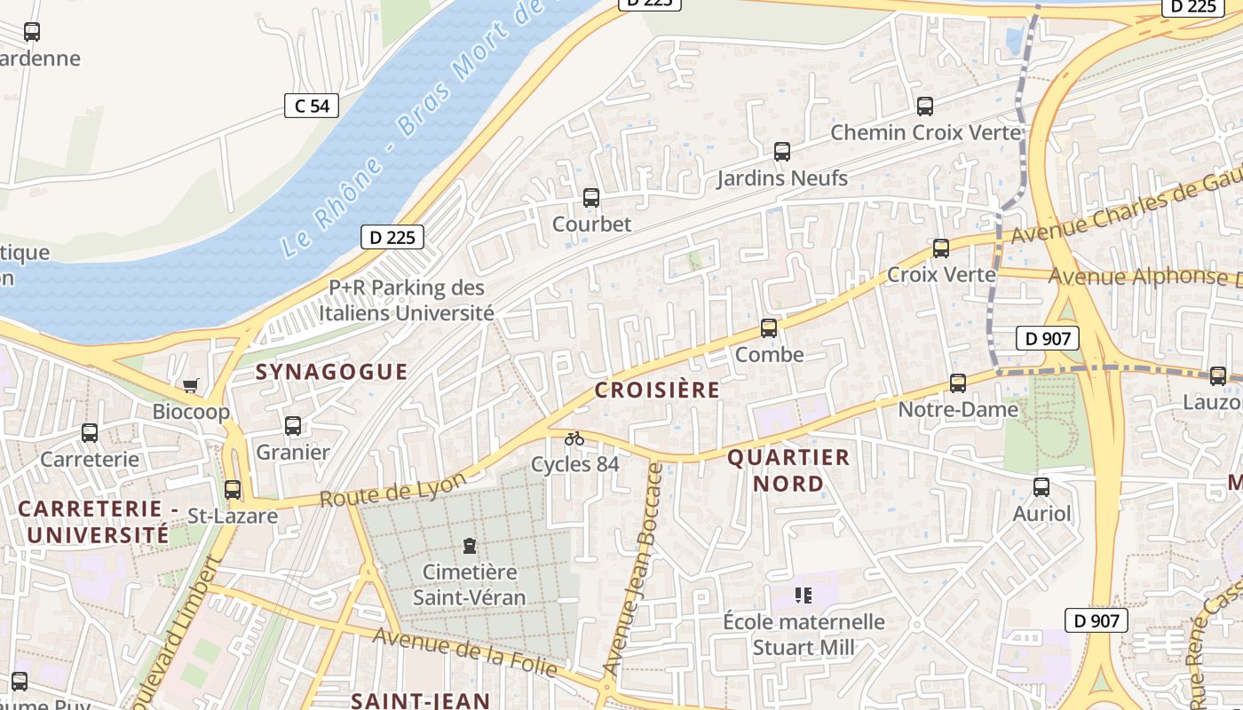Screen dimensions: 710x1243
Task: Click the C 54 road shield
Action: tap(312, 106)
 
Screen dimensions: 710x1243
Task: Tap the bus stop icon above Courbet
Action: tap(590, 198)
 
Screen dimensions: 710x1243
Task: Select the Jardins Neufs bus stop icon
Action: tap(781, 152)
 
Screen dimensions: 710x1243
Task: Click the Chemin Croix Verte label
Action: tap(925, 133)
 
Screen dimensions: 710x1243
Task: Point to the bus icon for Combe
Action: tap(769, 328)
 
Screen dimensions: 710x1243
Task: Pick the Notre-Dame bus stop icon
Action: tap(957, 383)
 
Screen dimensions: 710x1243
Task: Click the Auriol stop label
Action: tap(1041, 514)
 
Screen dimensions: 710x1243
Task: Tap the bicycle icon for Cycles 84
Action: tap(574, 438)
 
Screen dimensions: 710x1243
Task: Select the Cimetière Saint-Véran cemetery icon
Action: tap(470, 545)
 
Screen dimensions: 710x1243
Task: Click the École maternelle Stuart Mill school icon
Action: tap(804, 595)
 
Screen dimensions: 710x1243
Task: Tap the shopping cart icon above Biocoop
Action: tap(190, 385)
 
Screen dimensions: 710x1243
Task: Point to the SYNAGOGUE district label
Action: tap(331, 372)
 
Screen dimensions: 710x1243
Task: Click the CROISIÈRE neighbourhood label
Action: tap(657, 390)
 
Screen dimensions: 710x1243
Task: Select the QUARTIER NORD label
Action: tap(788, 470)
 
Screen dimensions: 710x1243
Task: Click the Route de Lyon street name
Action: tap(392, 491)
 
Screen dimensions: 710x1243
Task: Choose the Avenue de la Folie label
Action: tap(464, 652)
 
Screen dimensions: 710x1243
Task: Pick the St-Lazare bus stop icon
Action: tap(233, 489)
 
